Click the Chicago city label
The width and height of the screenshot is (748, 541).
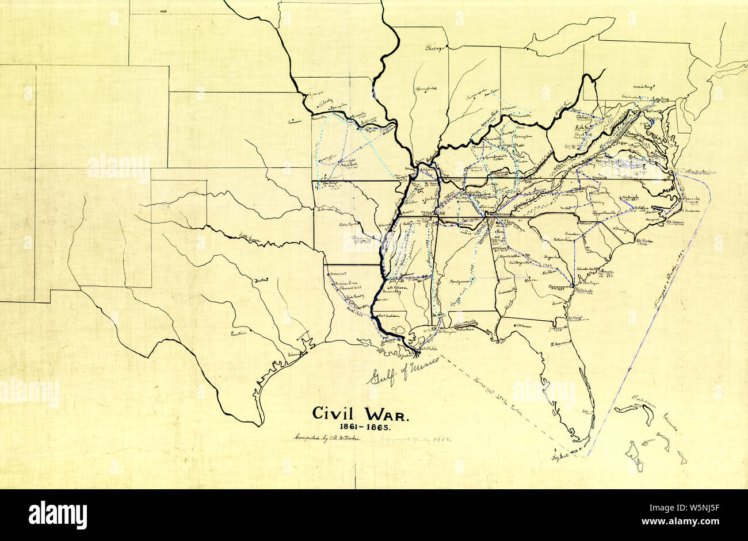click(x=436, y=49)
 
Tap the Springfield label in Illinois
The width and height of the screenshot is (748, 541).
click(x=426, y=89)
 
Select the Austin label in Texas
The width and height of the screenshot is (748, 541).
click(x=238, y=333)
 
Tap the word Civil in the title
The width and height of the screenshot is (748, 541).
click(x=335, y=413)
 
